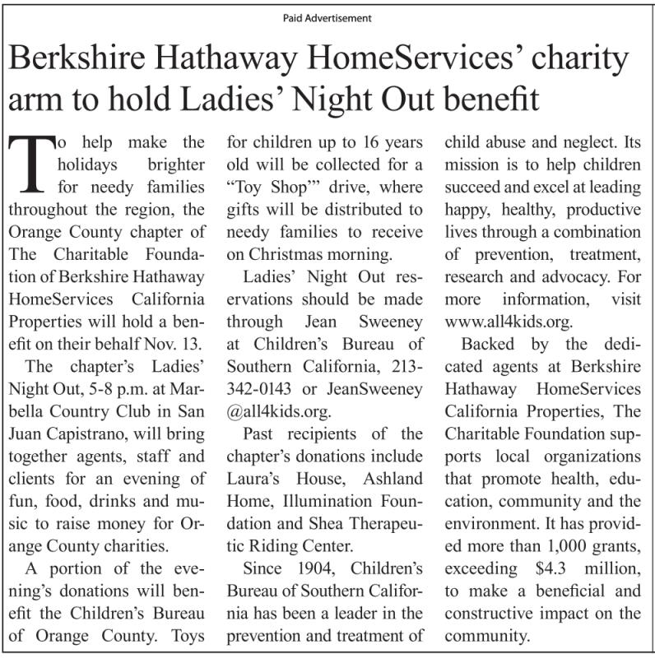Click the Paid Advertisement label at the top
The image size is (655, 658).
point(327,17)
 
